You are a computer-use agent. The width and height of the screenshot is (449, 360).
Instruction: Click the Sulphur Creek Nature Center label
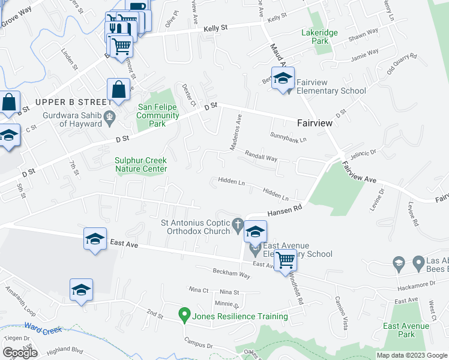(141, 164)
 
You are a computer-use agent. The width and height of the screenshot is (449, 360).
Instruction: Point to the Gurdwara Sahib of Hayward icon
(109, 116)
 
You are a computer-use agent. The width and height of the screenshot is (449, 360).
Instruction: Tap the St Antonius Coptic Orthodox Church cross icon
(238, 225)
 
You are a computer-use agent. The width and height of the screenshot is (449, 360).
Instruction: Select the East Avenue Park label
(406, 330)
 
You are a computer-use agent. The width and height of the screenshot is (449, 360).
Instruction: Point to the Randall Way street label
(260, 157)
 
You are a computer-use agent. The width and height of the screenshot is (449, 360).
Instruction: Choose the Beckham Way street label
(231, 274)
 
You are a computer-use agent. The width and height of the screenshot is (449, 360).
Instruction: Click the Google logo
(20, 353)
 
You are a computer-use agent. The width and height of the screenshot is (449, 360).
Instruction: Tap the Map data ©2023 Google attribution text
(411, 355)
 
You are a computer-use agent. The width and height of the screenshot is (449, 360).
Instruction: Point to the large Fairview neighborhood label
(315, 122)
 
